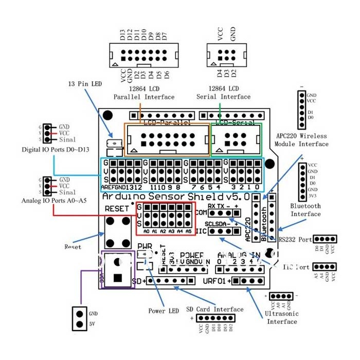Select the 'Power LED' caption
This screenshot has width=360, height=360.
(x=164, y=311)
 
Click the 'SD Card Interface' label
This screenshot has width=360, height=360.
(x=215, y=309)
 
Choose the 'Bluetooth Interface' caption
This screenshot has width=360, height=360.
(x=305, y=210)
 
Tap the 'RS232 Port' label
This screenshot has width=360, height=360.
(x=295, y=239)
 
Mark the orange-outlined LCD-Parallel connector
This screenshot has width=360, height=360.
(x=167, y=139)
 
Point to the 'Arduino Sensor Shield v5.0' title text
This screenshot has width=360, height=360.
(x=177, y=197)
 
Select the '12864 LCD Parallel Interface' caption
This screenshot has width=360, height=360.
(x=144, y=93)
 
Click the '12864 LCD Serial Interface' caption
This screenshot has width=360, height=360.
(x=224, y=93)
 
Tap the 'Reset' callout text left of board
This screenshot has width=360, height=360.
(x=73, y=247)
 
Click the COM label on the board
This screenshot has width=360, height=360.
(x=200, y=212)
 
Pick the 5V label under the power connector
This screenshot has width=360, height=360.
(x=93, y=324)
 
